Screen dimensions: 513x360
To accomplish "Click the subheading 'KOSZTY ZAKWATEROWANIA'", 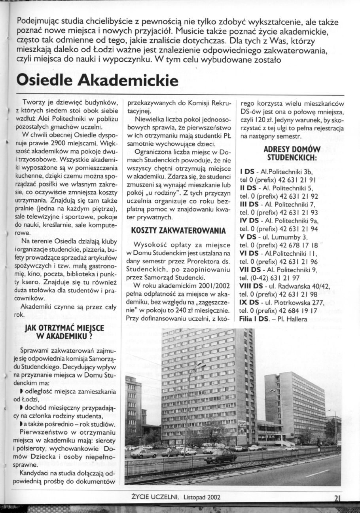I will tap(179, 230).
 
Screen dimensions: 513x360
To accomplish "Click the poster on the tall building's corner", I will tap(242, 428).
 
